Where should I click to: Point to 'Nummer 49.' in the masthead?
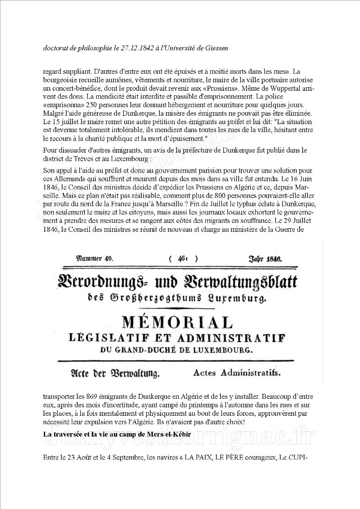(95, 259)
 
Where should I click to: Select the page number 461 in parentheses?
(183, 259)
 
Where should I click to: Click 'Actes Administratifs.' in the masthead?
(237, 372)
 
